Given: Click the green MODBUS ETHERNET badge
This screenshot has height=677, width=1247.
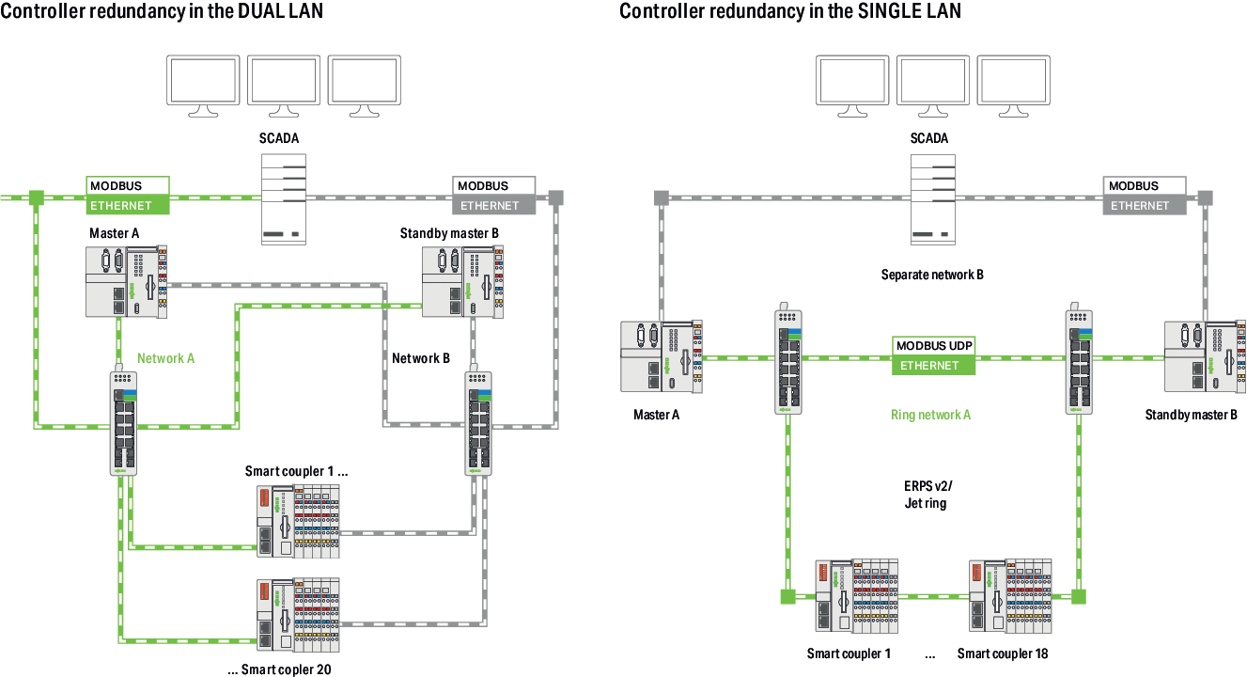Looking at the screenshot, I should click(128, 196).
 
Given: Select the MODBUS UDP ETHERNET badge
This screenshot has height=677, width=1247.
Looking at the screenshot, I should click(934, 356).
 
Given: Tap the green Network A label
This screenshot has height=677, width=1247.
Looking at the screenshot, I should click(166, 358).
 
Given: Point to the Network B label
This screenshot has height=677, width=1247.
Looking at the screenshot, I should click(421, 358).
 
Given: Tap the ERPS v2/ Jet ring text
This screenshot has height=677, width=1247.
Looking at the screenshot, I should click(925, 495).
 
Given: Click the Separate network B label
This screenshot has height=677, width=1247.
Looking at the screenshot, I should click(932, 276).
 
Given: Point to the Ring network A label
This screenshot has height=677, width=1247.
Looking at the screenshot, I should click(930, 415).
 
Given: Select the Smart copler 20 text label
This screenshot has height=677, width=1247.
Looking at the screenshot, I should click(279, 670).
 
